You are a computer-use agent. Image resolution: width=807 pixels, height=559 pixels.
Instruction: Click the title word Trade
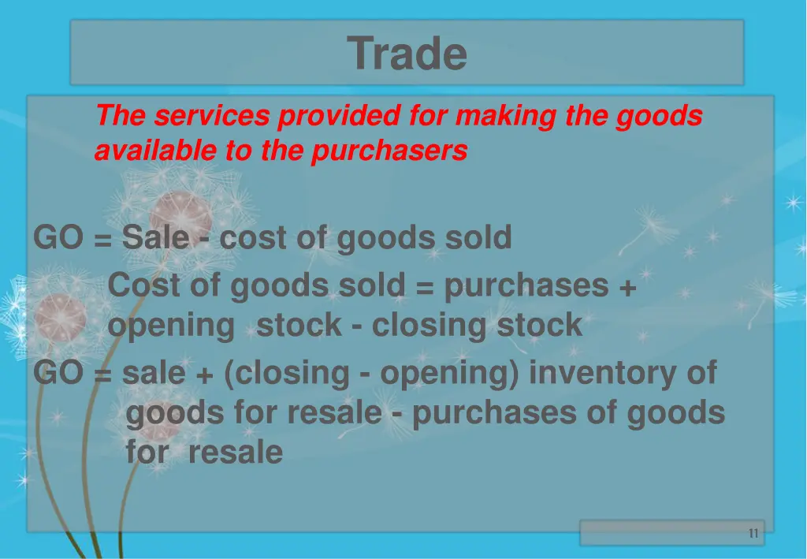pyautogui.click(x=407, y=54)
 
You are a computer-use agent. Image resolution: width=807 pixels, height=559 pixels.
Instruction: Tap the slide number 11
pyautogui.click(x=753, y=534)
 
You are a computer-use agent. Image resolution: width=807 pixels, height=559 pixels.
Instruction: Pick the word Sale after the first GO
pyautogui.click(x=155, y=237)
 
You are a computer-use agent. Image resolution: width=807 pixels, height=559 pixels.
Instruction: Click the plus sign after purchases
pyautogui.click(x=627, y=287)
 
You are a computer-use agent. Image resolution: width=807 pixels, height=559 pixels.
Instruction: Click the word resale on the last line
pyautogui.click(x=236, y=453)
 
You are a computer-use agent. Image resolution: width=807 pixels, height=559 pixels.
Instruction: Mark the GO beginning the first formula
pyautogui.click(x=58, y=237)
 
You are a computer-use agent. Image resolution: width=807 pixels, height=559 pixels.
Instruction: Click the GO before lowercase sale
pyautogui.click(x=58, y=373)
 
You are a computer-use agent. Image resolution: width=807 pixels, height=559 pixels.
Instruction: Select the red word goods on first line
pyautogui.click(x=659, y=117)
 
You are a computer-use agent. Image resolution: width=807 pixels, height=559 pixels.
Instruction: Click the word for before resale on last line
pyautogui.click(x=147, y=453)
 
